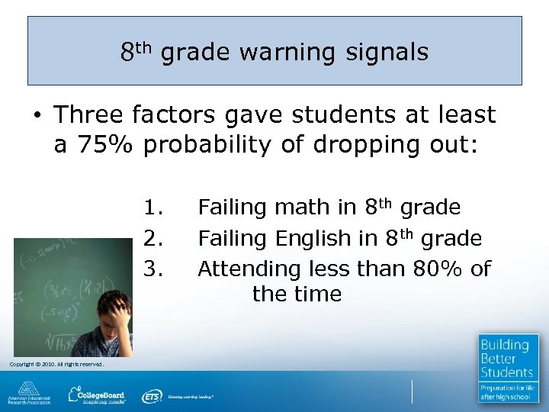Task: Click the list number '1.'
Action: (x=155, y=208)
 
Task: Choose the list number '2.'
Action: (x=155, y=239)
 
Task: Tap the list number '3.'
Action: (x=155, y=269)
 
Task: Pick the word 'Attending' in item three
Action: (x=249, y=269)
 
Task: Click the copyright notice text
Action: (x=56, y=364)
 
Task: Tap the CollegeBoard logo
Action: (x=98, y=395)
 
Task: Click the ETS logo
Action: (x=152, y=396)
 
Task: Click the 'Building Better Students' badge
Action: (x=508, y=369)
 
